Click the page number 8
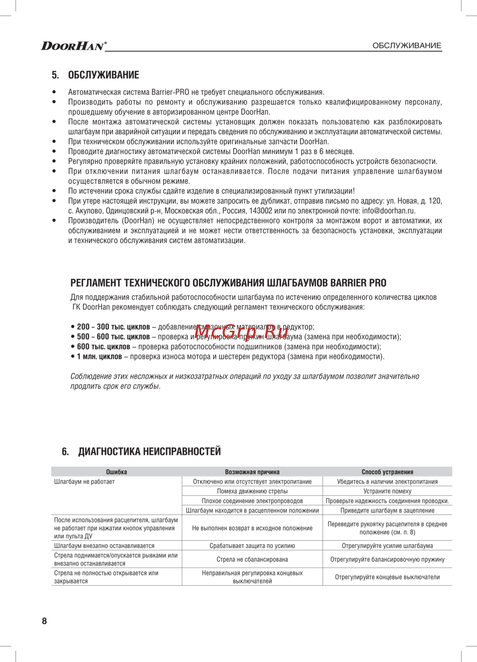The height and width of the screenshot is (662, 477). pyautogui.click(x=44, y=621)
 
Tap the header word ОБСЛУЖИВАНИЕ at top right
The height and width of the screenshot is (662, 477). pyautogui.click(x=406, y=46)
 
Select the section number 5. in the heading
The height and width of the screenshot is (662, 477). pyautogui.click(x=55, y=75)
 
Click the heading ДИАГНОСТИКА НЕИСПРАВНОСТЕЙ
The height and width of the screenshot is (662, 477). pyautogui.click(x=149, y=451)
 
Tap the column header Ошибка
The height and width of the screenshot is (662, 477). pyautogui.click(x=116, y=472)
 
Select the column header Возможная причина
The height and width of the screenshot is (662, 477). pyautogui.click(x=252, y=472)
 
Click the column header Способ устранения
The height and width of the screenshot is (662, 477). pyautogui.click(x=387, y=472)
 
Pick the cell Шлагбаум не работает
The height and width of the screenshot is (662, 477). pyautogui.click(x=84, y=482)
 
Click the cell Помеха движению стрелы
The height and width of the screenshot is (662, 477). pyautogui.click(x=252, y=491)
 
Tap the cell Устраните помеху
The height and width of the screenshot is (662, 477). pyautogui.click(x=387, y=491)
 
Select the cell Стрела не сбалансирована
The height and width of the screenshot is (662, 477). pyautogui.click(x=252, y=559)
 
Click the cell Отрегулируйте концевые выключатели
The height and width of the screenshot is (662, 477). pyautogui.click(x=387, y=577)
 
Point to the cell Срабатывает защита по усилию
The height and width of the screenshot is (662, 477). pyautogui.click(x=252, y=546)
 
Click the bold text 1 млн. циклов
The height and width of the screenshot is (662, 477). pyautogui.click(x=99, y=357)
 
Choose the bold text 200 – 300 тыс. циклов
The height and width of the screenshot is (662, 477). pyautogui.click(x=113, y=327)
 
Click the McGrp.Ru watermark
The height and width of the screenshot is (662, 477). pyautogui.click(x=241, y=329)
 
